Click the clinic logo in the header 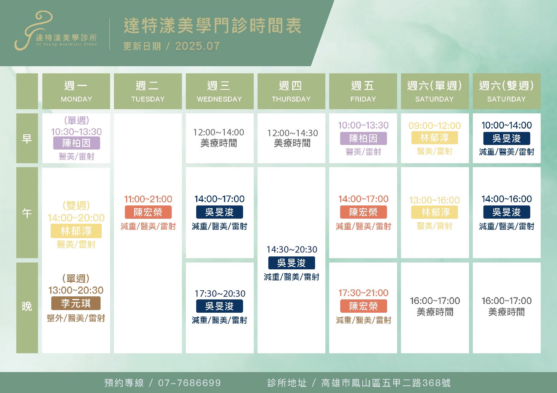(x=56, y=30)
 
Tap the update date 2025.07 (x=197, y=46)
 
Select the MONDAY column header (x=76, y=91)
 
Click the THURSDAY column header (x=291, y=91)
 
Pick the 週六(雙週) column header (x=507, y=91)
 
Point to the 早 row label (x=27, y=138)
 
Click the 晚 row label (x=27, y=307)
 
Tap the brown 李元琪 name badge (x=76, y=303)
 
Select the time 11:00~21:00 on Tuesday (x=148, y=199)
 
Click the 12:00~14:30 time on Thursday (x=293, y=133)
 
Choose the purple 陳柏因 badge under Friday (x=363, y=138)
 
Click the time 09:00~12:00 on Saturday (x=434, y=126)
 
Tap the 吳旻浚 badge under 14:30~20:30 (x=291, y=263)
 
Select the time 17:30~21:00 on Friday (x=363, y=293)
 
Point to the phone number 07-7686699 (x=189, y=383)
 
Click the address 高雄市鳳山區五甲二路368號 (x=386, y=383)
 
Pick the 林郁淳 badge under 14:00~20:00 (x=76, y=231)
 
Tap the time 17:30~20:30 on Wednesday (x=220, y=293)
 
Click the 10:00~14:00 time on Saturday (x=507, y=125)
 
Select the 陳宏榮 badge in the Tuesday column (x=148, y=212)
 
